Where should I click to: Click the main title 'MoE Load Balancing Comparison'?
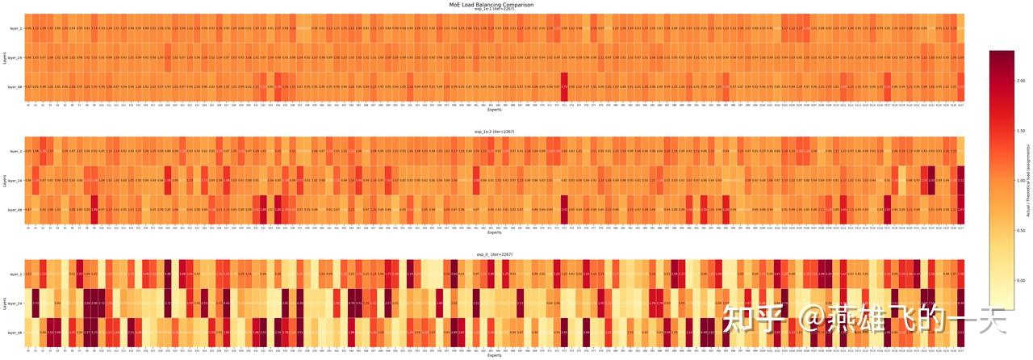tap(491, 5)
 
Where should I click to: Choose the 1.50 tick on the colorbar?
tap(1021, 132)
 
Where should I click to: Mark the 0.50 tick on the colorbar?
tap(1021, 231)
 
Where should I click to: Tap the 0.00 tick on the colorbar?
tap(1021, 280)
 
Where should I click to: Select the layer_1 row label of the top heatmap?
tap(15, 28)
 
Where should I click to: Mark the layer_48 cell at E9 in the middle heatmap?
tap(94, 209)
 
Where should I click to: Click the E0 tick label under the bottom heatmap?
tap(28, 350)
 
